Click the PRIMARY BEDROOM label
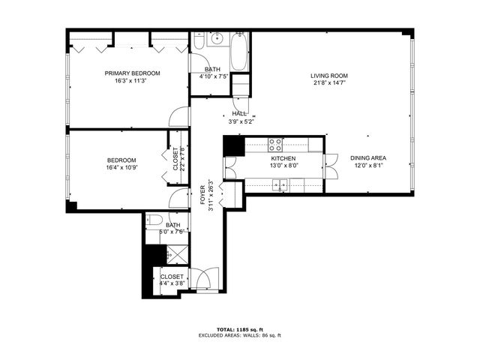pos(132,73)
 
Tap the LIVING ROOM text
pos(329,76)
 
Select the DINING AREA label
pos(367,158)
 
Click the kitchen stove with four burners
pos(274,144)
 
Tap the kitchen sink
pos(283,184)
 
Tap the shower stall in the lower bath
pos(173,256)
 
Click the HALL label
pos(239,113)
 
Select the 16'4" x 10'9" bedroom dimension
pos(121,168)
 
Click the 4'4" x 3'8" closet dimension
pos(172,284)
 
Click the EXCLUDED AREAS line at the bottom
pos(239,335)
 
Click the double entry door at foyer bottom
pos(203,279)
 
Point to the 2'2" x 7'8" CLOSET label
pos(176,158)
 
